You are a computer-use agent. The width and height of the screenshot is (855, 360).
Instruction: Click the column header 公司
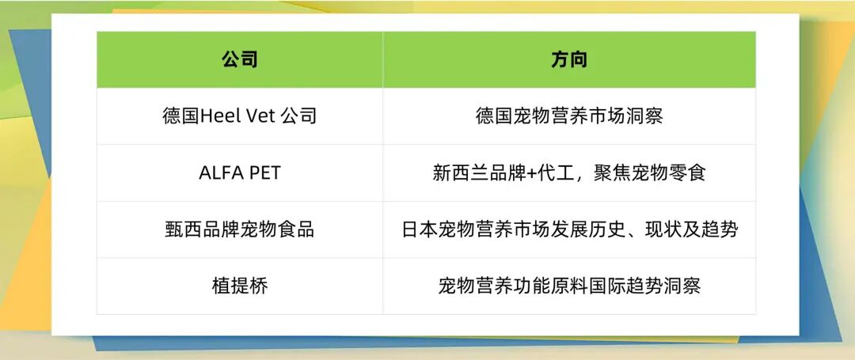pos(239,60)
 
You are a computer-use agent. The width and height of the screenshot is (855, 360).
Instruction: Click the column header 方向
pos(568,60)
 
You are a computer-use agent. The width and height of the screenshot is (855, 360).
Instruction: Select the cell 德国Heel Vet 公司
pos(239,116)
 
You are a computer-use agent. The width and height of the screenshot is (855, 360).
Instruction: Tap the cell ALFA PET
pos(239,172)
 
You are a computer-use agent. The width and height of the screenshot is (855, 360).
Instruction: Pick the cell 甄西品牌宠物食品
pos(239,229)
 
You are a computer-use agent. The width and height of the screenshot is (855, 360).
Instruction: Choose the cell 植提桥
pos(239,286)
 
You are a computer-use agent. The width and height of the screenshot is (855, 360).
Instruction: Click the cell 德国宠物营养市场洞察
pos(568,116)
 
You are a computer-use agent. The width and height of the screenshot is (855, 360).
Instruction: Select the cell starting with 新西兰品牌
pos(568,172)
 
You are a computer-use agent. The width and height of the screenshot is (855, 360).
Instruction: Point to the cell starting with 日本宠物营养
pos(568,229)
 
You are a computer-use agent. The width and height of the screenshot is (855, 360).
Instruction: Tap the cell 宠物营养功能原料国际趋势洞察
pos(568,286)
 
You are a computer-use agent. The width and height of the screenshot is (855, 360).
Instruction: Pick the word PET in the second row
pos(264,172)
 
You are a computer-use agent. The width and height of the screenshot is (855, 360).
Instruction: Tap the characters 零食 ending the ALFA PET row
pos(687,172)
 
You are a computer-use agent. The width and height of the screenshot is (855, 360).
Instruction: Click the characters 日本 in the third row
pos(420,229)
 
